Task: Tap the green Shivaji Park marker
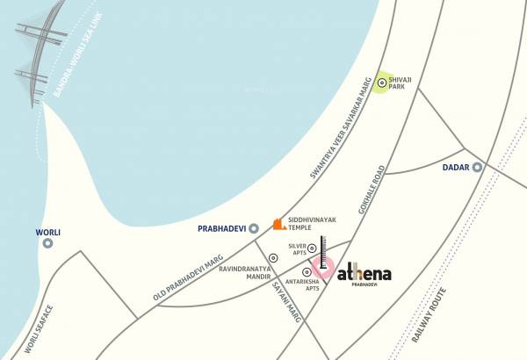click(380, 82)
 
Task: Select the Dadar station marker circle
click(477, 167)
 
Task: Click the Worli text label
click(47, 233)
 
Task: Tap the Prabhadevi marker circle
click(253, 227)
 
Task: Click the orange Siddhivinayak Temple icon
click(278, 225)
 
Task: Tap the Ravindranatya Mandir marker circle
click(273, 258)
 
